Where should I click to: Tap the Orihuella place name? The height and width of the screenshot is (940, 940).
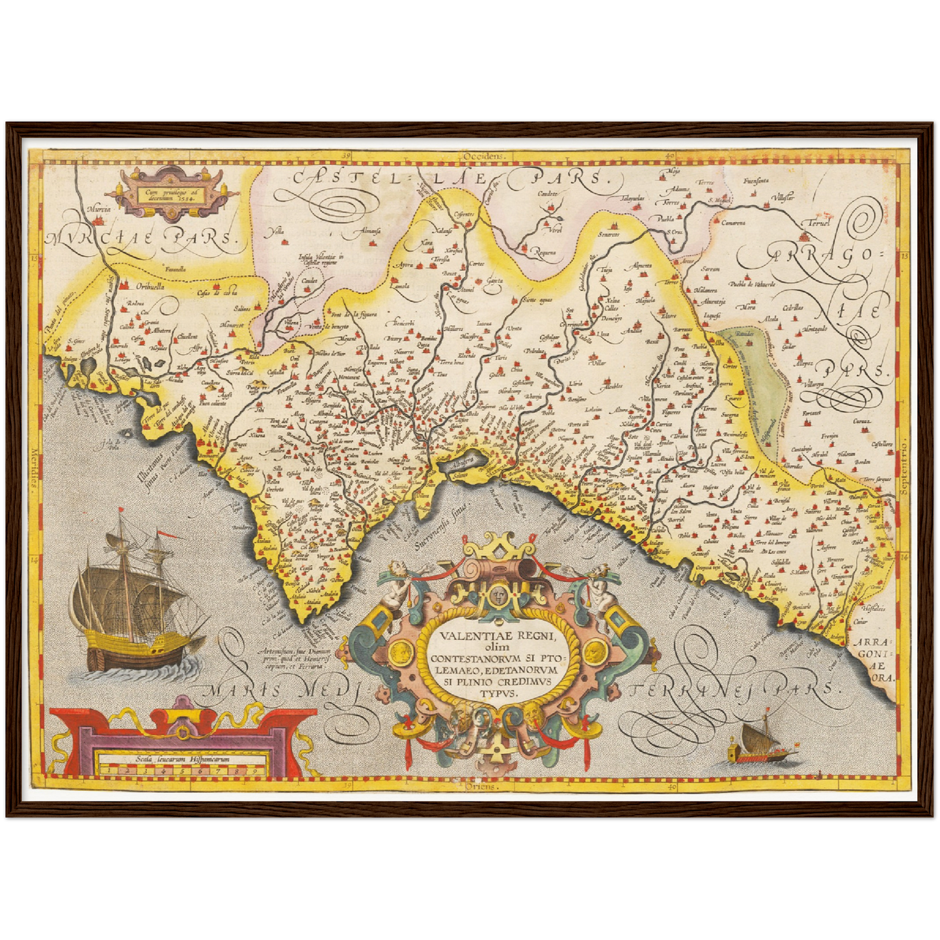142,285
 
